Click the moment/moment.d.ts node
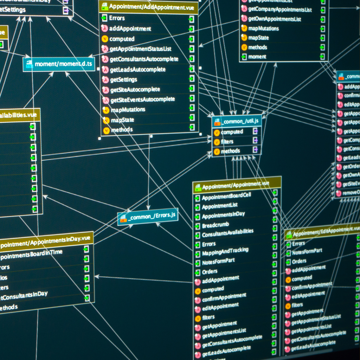59,64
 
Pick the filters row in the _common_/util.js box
227,141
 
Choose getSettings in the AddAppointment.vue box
123,79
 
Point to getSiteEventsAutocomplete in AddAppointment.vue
142,99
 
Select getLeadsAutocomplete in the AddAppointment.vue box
137,69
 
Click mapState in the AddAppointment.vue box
122,120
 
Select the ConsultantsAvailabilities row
227,232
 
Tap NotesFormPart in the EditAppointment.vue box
307,251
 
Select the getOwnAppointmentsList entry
275,19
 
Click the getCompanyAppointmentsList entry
280,9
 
